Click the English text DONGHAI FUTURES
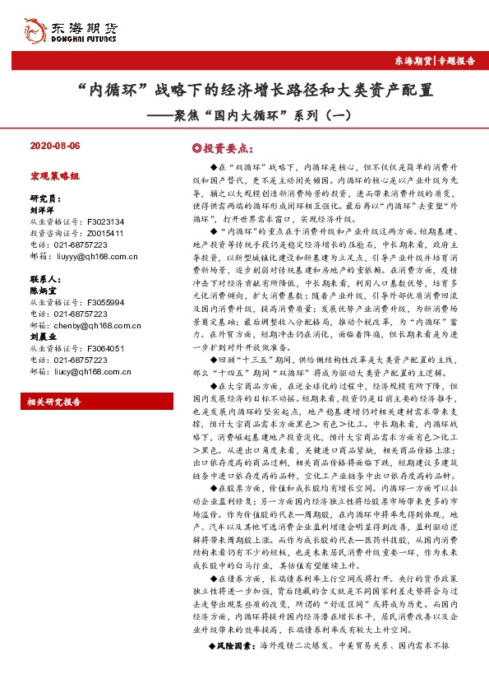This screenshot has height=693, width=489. (x=85, y=38)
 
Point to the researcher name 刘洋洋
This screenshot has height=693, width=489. (x=42, y=210)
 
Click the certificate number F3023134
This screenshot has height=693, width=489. (x=104, y=221)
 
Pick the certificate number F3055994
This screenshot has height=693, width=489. (x=104, y=302)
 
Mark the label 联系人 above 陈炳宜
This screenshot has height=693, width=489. (x=44, y=279)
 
